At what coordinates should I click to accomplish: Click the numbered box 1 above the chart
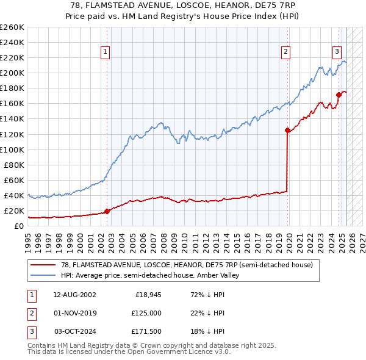click(x=106, y=52)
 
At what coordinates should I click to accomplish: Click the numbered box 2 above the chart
click(x=285, y=52)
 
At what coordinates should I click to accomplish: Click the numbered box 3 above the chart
click(x=337, y=52)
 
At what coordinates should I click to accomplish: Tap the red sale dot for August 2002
click(x=107, y=211)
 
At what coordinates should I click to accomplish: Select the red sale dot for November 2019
click(x=287, y=130)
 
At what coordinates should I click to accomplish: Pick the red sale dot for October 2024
click(x=339, y=95)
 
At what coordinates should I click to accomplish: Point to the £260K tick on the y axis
click(x=12, y=27)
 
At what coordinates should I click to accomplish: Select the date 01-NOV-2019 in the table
click(x=74, y=313)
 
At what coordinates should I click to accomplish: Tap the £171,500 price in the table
click(x=146, y=331)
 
